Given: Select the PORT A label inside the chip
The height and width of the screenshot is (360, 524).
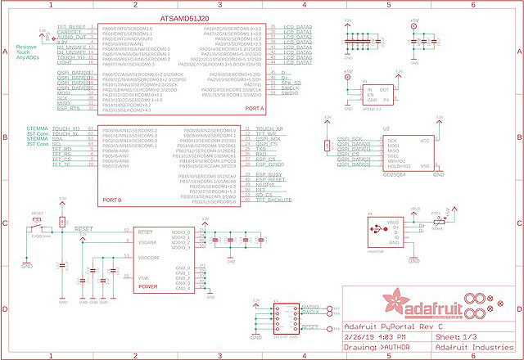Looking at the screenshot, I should click(x=255, y=110).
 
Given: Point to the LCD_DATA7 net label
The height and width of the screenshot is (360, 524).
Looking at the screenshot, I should click(x=298, y=65).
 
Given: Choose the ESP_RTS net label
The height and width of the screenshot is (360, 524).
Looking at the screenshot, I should click(x=69, y=108).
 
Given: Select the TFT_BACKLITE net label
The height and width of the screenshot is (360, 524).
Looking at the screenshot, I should click(x=275, y=200).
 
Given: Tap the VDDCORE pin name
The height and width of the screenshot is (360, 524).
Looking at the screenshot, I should click(x=149, y=258).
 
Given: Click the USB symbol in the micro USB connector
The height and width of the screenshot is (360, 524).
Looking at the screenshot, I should click(x=375, y=230).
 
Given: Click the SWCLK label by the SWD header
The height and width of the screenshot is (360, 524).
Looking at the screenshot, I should click(x=311, y=312).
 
